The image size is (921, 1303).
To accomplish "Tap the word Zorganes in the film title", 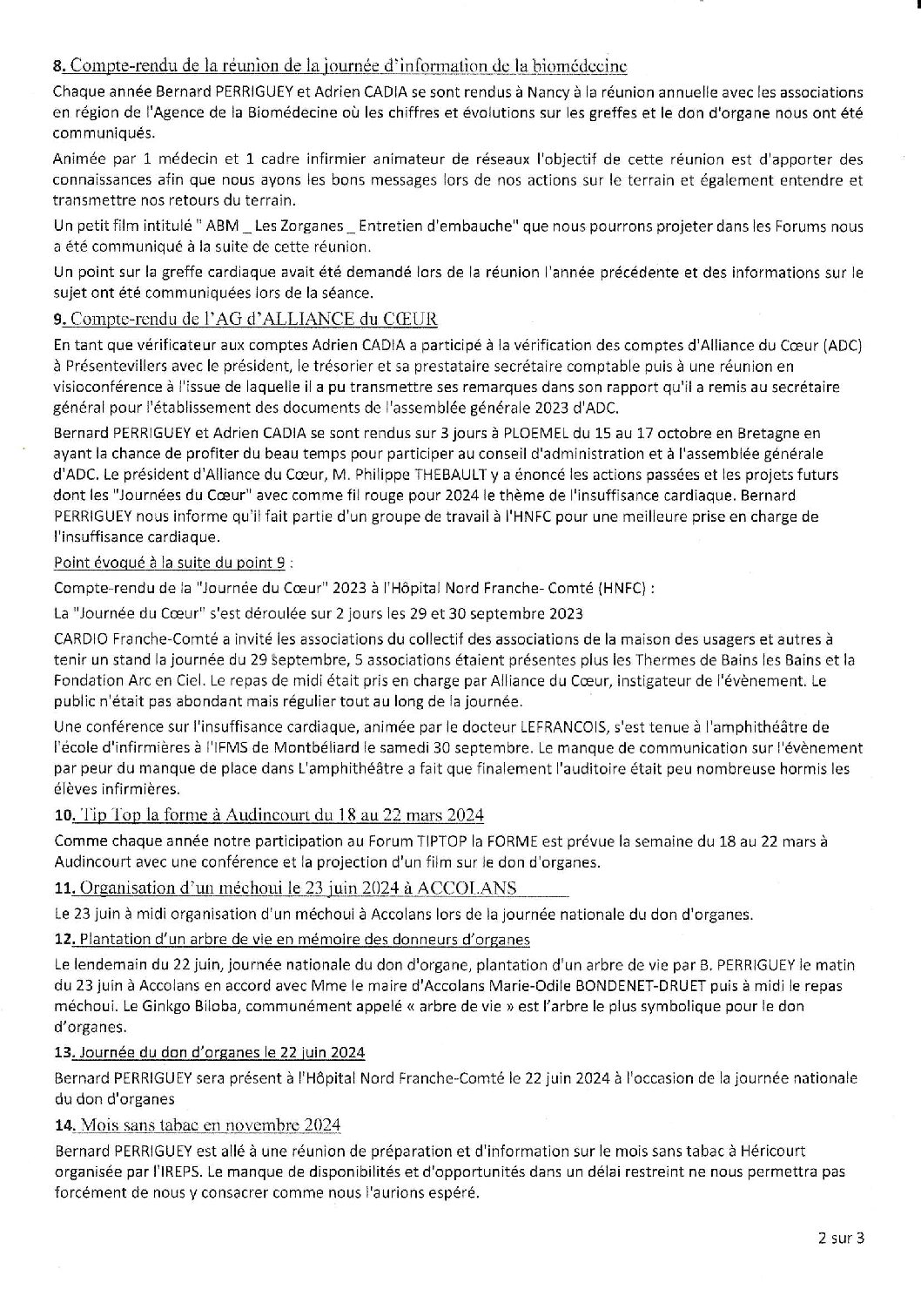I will [293, 226].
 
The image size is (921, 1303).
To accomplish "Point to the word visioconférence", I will [107, 388].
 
